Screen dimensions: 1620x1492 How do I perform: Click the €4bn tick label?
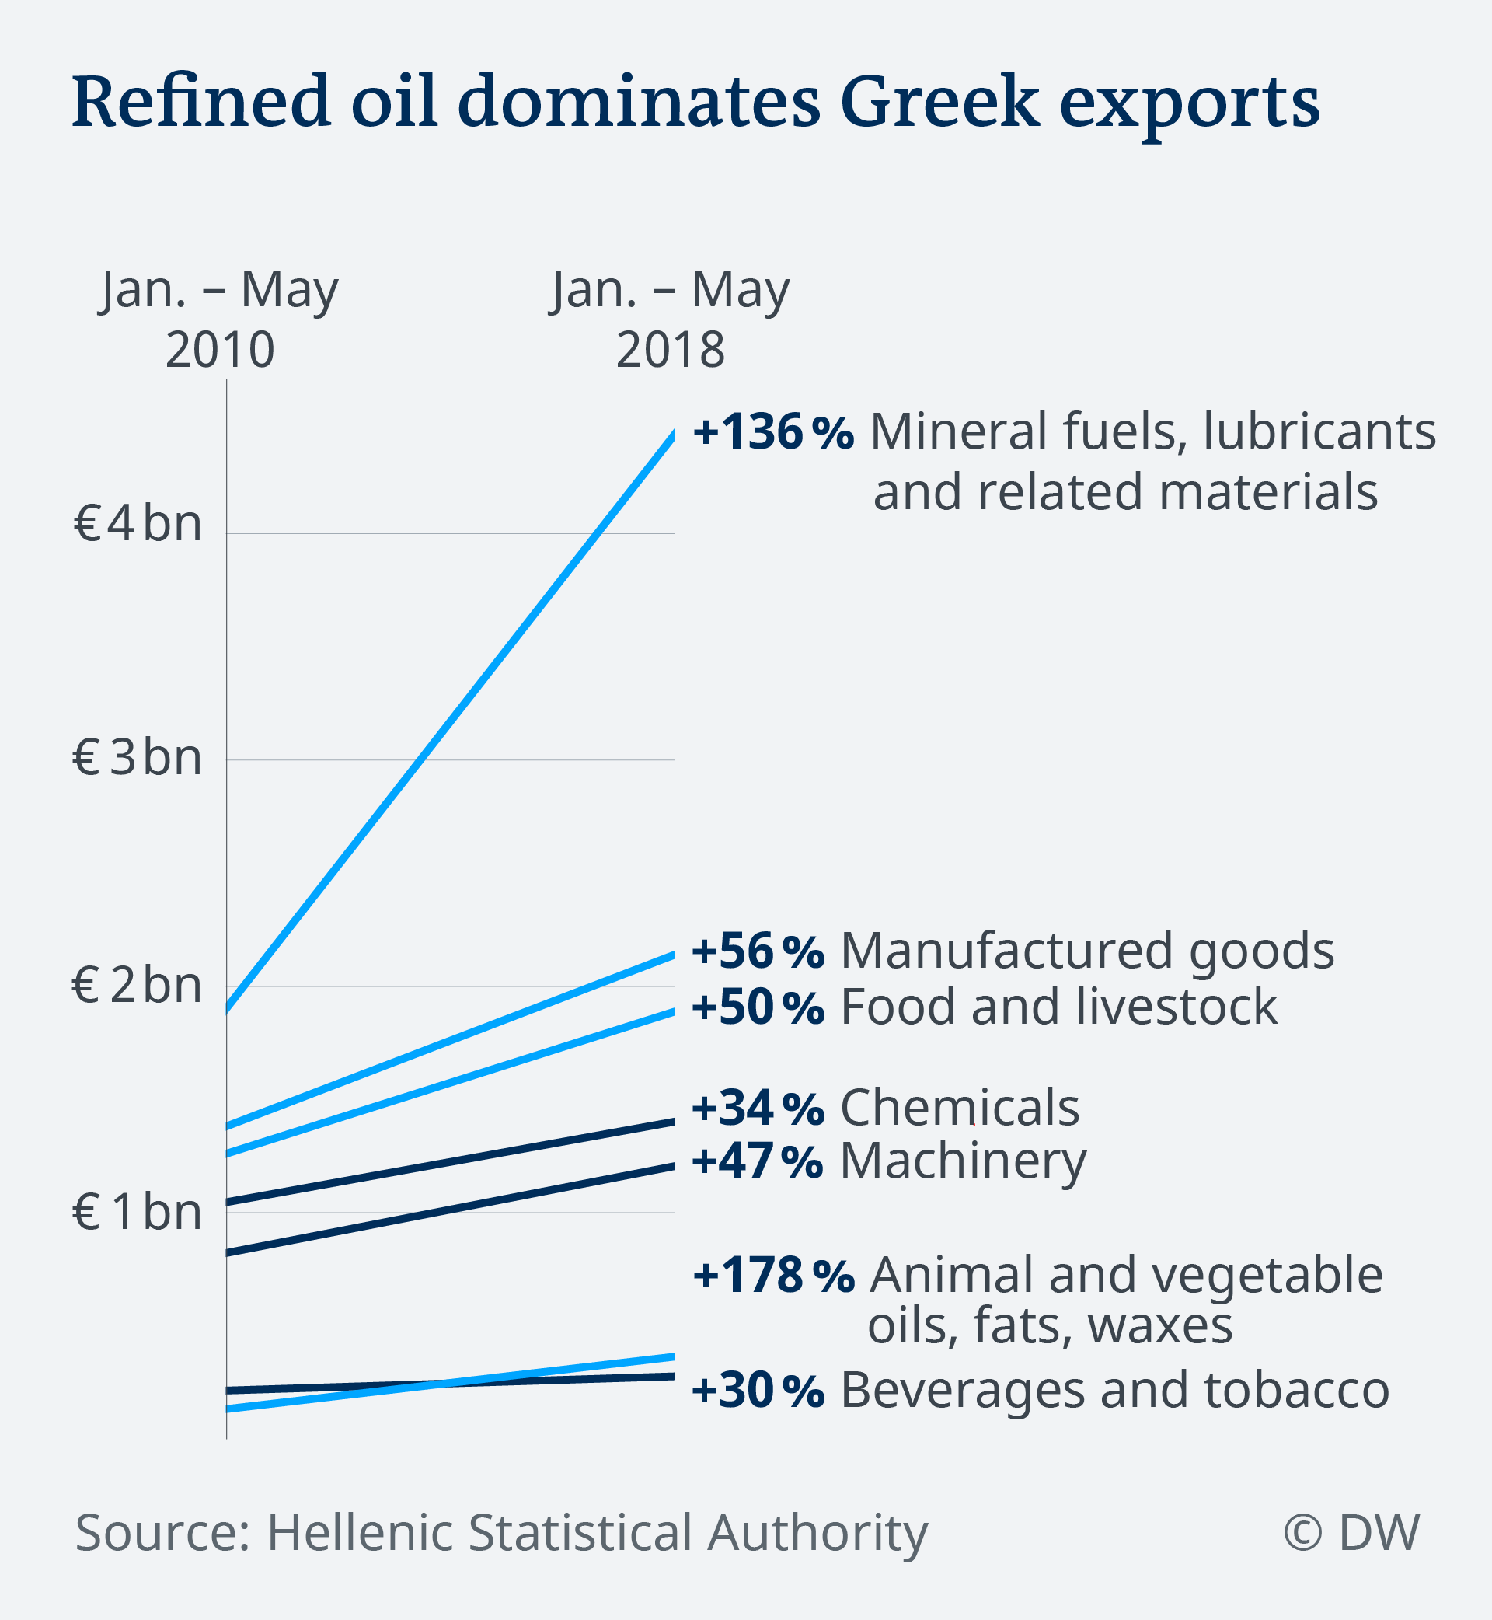pyautogui.click(x=138, y=523)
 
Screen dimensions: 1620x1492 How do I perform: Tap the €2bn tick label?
pyautogui.click(x=138, y=985)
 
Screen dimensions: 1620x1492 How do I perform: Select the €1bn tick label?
pyautogui.click(x=138, y=1211)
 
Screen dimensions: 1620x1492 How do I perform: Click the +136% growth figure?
pyautogui.click(x=772, y=431)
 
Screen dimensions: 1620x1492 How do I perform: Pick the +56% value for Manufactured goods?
pyautogui.click(x=758, y=951)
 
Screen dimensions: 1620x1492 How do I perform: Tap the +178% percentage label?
pyautogui.click(x=772, y=1275)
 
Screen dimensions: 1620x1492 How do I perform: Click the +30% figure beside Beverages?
pyautogui.click(x=758, y=1390)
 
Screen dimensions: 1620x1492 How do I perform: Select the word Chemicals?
pyautogui.click(x=959, y=1107)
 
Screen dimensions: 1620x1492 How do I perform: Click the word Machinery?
pyautogui.click(x=962, y=1161)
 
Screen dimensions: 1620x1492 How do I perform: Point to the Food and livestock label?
pyautogui.click(x=1058, y=1007)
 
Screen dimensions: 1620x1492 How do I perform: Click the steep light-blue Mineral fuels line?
pyautogui.click(x=450, y=721)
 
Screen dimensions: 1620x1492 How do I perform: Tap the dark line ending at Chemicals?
pyautogui.click(x=450, y=1162)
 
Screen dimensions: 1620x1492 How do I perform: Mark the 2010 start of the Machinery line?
pyautogui.click(x=228, y=1252)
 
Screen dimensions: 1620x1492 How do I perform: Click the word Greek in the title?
pyautogui.click(x=939, y=103)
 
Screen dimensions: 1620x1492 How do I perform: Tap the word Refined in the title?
pyautogui.click(x=201, y=103)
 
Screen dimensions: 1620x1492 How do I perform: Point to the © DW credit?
pyautogui.click(x=1351, y=1532)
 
